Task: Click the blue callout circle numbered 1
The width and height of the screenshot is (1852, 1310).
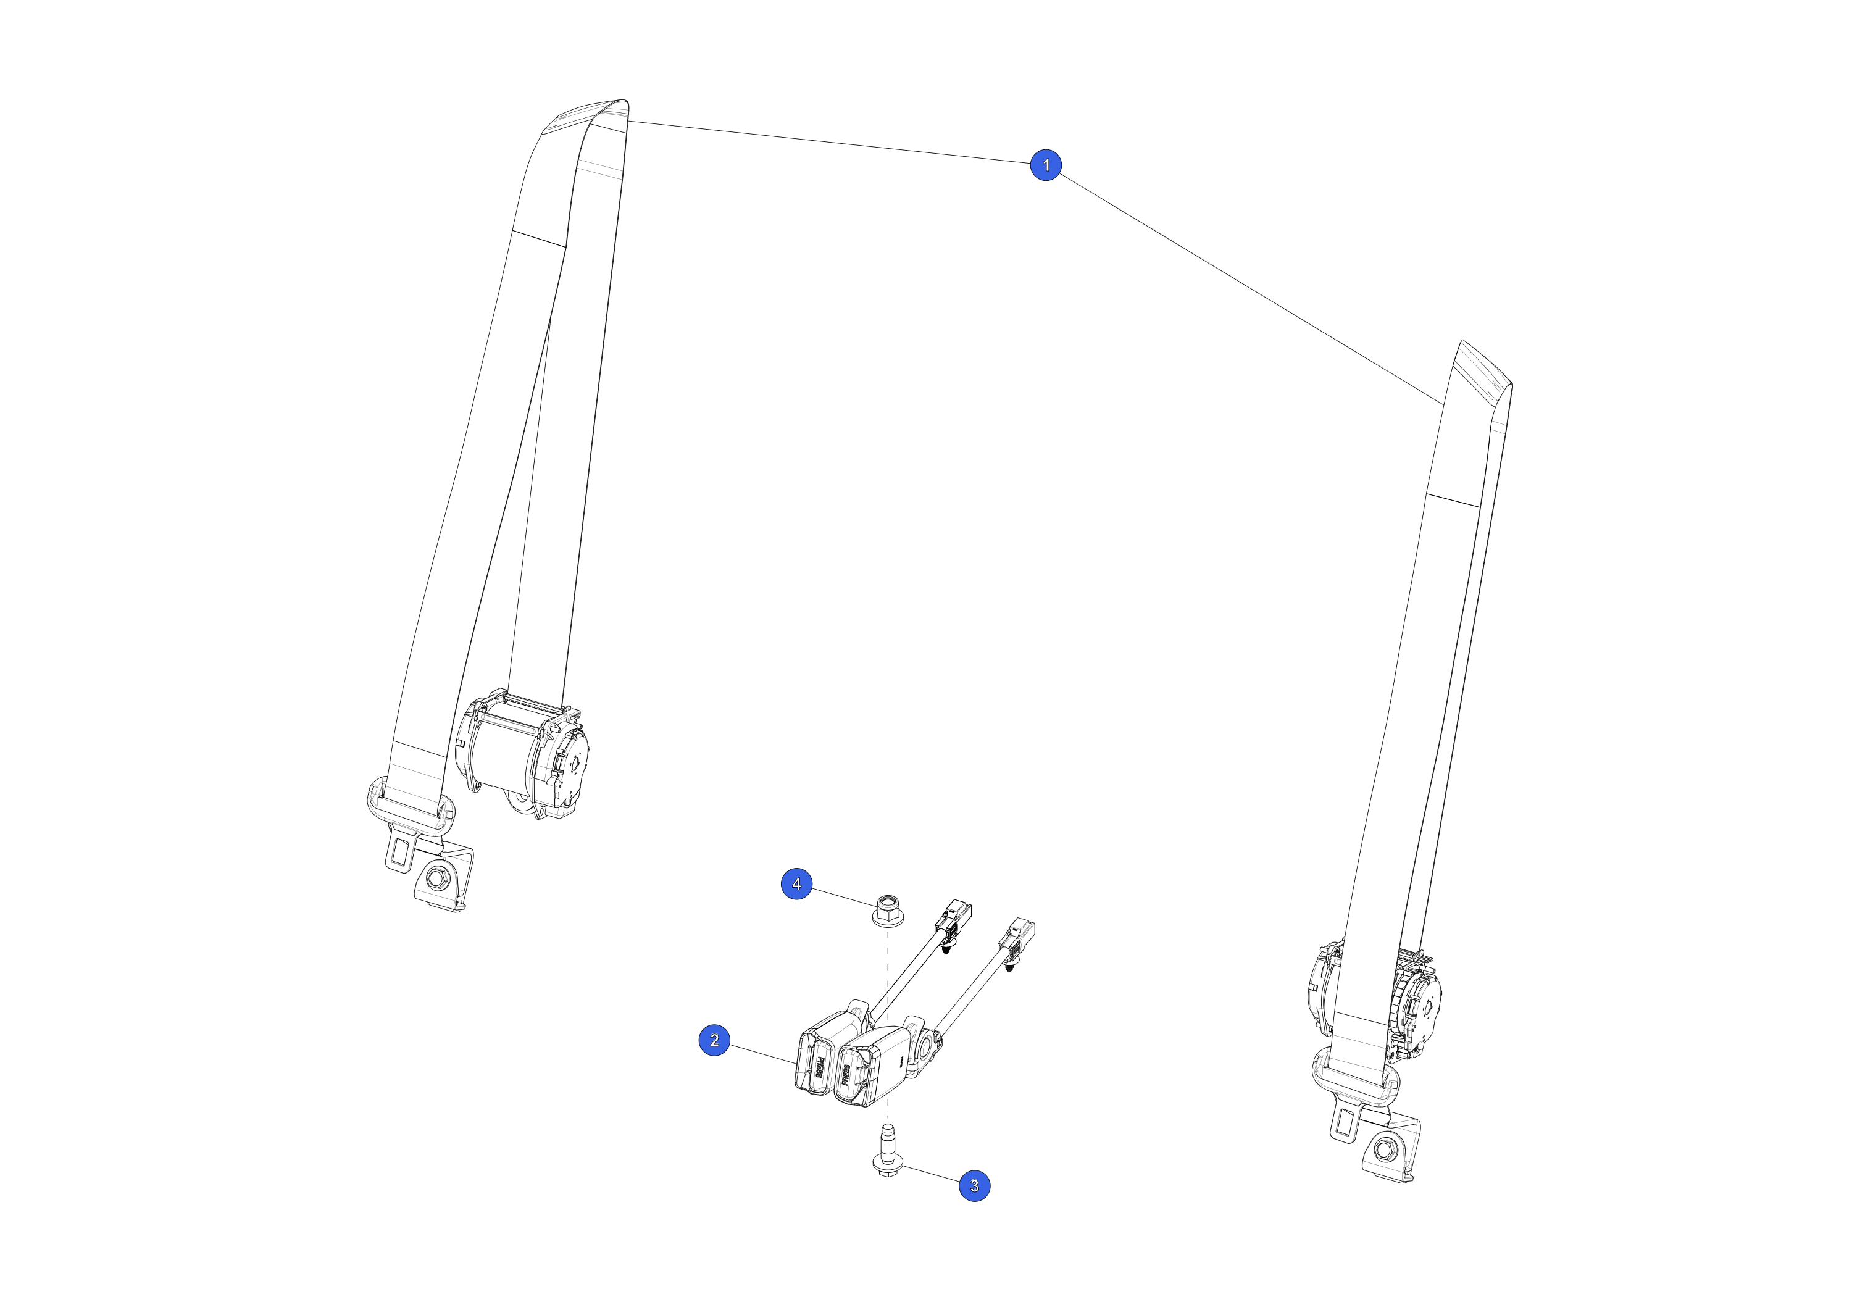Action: tap(1046, 165)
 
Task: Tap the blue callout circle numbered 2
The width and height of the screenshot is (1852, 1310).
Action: tap(714, 1040)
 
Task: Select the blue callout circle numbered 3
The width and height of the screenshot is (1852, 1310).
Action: tap(974, 1186)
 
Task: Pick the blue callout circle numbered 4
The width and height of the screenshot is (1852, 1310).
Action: tap(797, 883)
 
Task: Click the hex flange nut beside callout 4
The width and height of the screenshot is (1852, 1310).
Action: tap(888, 909)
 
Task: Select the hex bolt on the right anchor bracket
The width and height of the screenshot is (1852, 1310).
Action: tap(1384, 1149)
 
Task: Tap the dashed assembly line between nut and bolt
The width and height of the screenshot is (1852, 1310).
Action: tap(888, 1024)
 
